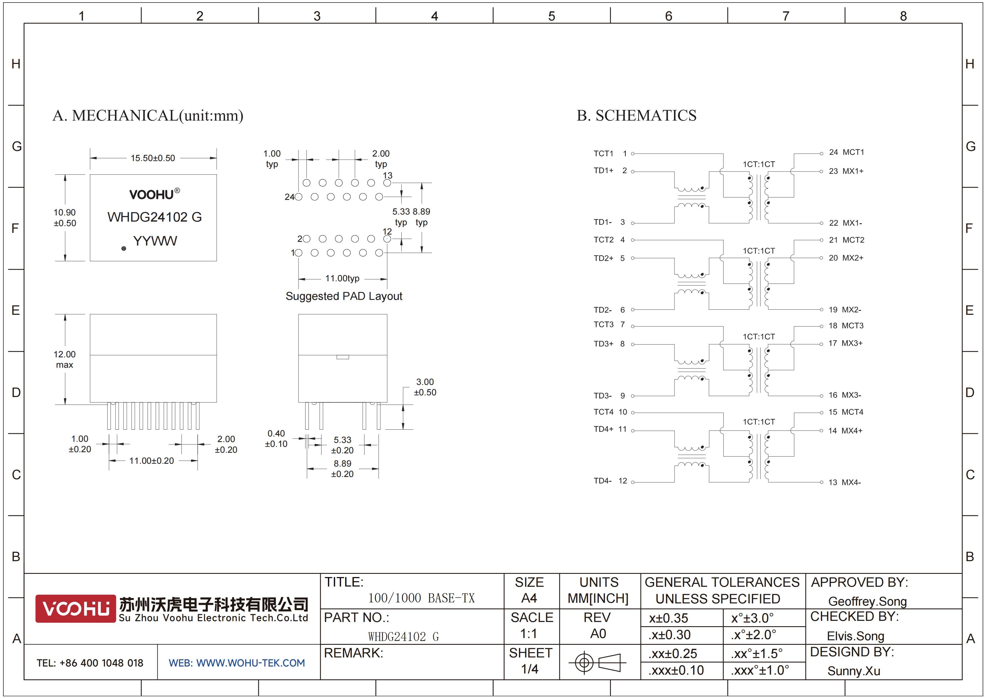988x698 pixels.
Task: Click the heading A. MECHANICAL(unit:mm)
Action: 148,116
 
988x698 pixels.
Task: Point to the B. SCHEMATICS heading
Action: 637,116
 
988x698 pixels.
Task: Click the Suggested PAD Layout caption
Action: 344,296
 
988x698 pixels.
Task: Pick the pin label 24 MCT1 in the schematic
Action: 846,152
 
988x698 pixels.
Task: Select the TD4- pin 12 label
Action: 610,481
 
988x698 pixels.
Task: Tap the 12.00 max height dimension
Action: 64,360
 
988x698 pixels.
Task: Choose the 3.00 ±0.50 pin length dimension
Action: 425,387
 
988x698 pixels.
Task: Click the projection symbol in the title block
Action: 598,662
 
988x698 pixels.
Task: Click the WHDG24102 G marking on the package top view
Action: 155,217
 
